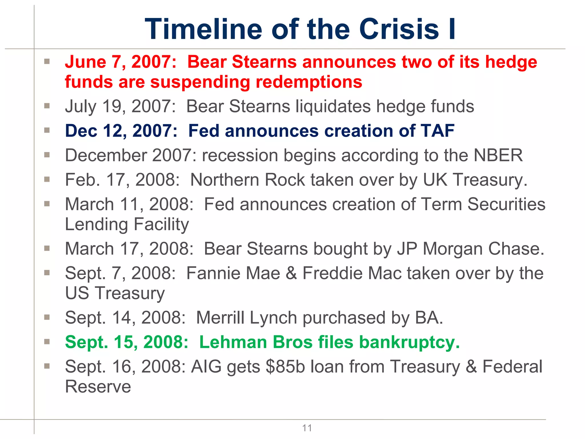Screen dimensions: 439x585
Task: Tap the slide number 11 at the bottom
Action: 307,428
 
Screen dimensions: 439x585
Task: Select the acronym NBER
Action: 498,155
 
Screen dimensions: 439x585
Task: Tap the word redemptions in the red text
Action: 309,82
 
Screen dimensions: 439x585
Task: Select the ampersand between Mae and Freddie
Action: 291,273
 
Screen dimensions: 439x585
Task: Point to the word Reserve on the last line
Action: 98,387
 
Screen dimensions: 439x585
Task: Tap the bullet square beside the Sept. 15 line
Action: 47,341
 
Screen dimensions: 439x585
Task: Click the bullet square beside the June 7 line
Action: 47,61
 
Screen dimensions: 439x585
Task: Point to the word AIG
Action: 206,367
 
